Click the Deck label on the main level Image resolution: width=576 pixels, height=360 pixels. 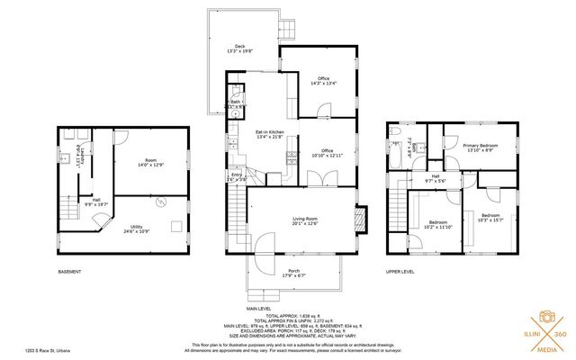tap(239, 49)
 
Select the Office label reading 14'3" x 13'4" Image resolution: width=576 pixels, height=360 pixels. tap(315, 81)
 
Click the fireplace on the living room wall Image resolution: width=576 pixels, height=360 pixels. tap(361, 220)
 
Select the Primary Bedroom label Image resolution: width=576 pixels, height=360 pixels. tap(482, 147)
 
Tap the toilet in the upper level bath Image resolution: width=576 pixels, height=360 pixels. tap(397, 134)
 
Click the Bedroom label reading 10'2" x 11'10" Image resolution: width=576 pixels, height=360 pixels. tap(438, 224)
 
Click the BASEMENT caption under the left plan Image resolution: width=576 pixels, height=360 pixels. tap(69, 272)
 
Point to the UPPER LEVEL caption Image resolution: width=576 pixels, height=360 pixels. tap(400, 272)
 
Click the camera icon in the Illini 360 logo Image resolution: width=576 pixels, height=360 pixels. tap(544, 317)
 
